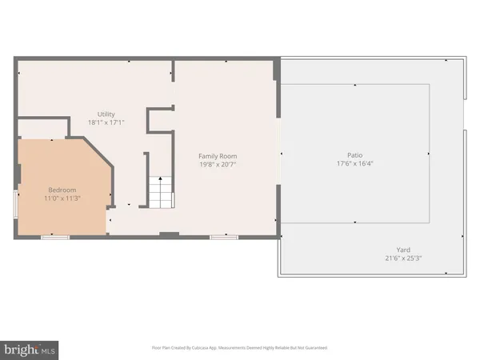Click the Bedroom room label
click(58, 189)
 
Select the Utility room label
click(106, 114)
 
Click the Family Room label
click(218, 156)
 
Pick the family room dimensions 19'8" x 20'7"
click(218, 165)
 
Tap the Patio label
click(355, 156)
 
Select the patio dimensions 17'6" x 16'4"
click(355, 165)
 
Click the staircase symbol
click(160, 192)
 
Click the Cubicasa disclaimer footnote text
click(239, 348)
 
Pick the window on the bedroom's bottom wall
click(55, 237)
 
